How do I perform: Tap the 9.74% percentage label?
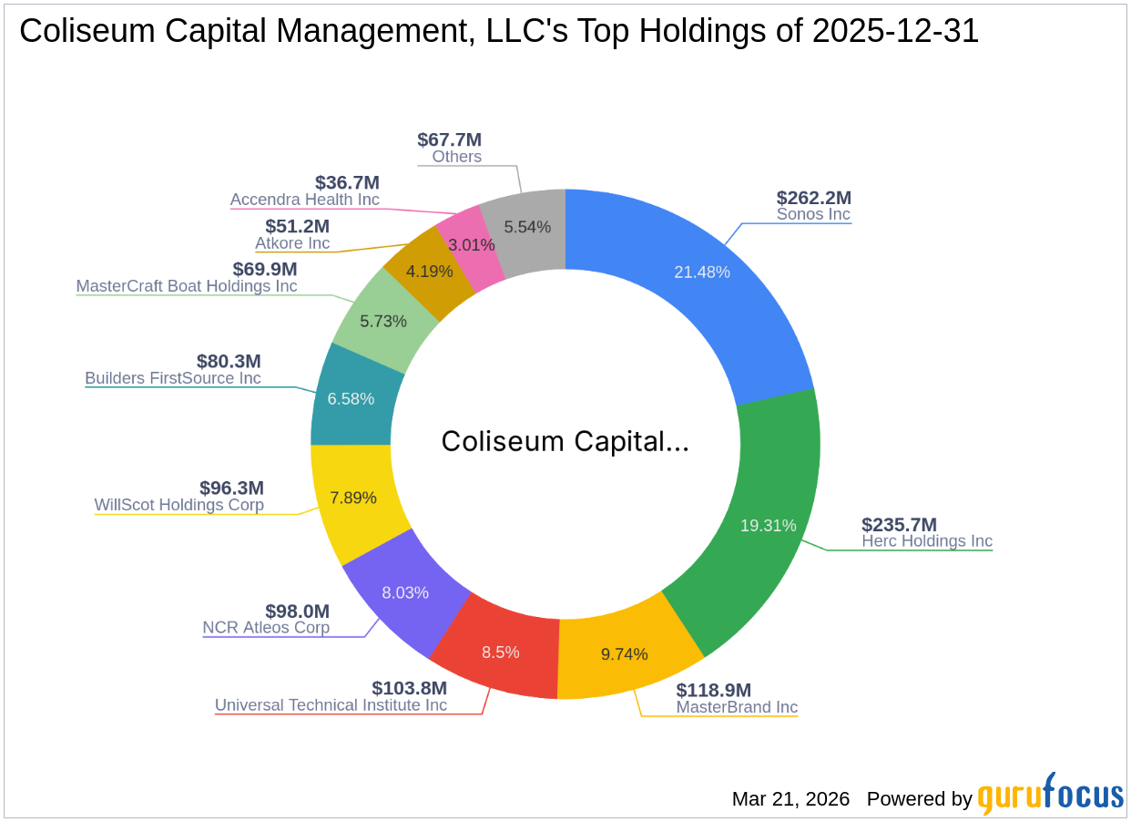click(625, 653)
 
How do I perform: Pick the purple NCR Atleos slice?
click(405, 591)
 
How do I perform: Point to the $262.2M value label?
click(813, 198)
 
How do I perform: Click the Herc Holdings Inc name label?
click(926, 540)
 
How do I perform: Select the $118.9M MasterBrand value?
click(713, 690)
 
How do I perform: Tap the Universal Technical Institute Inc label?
click(331, 704)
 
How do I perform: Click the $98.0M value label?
click(297, 611)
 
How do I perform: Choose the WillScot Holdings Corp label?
click(178, 504)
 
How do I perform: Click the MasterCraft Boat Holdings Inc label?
click(186, 285)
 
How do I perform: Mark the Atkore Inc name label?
click(291, 243)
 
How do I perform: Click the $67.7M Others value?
click(449, 139)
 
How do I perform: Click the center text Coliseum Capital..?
click(565, 441)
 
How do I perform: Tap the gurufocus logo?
click(1050, 796)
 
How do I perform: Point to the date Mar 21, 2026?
click(790, 798)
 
